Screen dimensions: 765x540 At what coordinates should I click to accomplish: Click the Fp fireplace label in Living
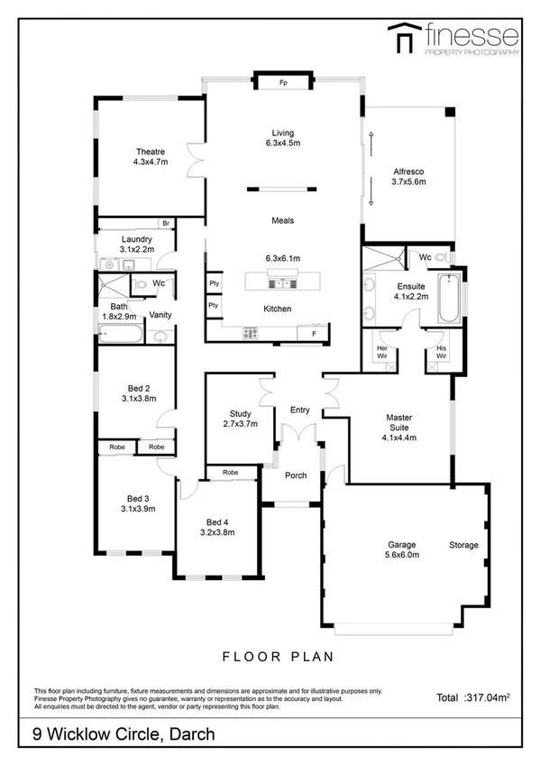(x=282, y=83)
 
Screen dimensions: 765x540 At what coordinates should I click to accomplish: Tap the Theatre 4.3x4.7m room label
(x=151, y=157)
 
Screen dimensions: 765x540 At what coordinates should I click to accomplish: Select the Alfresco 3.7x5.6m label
(x=408, y=176)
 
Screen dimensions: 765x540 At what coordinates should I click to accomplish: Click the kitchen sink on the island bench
(x=282, y=283)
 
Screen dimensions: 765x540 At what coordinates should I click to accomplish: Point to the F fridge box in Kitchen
(x=313, y=334)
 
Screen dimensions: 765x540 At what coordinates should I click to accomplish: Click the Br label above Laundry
(x=167, y=223)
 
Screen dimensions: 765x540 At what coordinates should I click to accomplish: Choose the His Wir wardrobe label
(x=441, y=351)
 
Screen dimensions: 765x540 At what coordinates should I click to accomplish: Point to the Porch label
(x=296, y=475)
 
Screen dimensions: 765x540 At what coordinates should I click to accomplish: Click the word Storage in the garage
(x=464, y=546)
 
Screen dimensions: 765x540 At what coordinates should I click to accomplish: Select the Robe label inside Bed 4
(x=230, y=473)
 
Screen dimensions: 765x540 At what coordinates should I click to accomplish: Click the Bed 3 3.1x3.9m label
(x=136, y=503)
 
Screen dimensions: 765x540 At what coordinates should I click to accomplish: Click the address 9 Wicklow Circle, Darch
(x=124, y=734)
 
